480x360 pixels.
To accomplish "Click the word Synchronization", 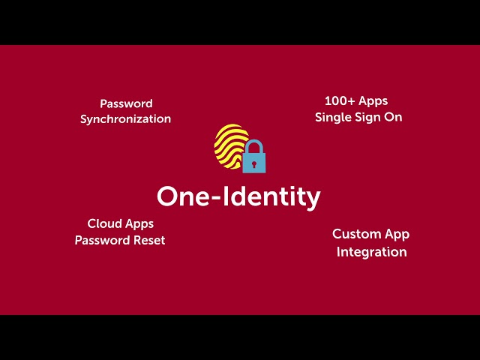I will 125,118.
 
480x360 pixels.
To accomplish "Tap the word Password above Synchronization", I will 126,103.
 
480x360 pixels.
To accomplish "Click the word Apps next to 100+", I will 373,100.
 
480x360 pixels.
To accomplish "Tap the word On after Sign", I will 394,117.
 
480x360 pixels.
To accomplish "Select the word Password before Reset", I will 101,240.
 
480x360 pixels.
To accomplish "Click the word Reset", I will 148,240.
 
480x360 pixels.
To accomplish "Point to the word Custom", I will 356,234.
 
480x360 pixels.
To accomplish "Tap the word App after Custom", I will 397,235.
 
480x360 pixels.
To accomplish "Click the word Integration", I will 371,252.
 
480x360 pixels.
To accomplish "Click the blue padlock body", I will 254,161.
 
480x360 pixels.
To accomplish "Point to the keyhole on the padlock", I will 254,160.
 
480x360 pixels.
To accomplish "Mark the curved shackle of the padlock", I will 254,145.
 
